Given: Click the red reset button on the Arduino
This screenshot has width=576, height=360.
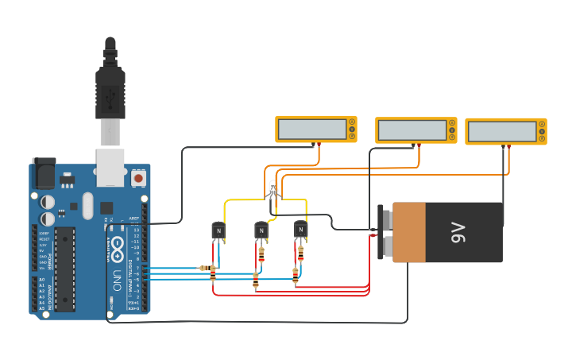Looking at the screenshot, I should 139,178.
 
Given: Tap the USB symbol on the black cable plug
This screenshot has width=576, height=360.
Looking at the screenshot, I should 110,95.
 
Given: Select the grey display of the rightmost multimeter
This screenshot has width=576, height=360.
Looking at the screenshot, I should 501,131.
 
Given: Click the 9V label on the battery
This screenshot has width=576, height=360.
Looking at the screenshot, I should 458,232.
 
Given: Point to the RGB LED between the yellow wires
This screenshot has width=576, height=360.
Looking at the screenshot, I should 273,190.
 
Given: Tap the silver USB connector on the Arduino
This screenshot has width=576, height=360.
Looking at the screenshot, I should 110,167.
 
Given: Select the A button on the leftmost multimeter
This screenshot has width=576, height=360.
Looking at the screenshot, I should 352,122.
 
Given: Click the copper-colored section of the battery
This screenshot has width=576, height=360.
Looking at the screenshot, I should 409,232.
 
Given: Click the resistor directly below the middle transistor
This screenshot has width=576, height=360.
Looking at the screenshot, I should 261,254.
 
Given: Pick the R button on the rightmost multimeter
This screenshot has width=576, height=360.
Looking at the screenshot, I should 542,138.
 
